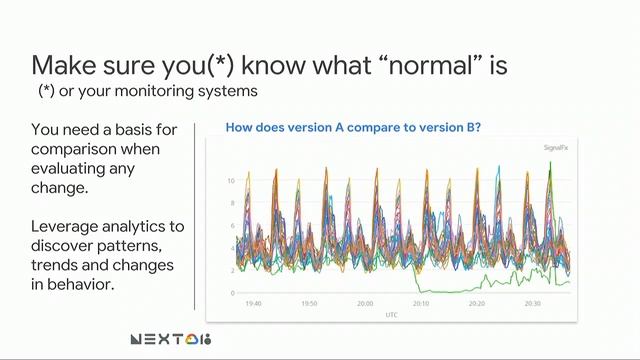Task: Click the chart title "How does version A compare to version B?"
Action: click(354, 127)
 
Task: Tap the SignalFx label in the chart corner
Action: click(553, 147)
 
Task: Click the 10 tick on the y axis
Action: click(230, 181)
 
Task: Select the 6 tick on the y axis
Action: click(232, 226)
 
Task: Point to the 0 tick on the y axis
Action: click(232, 293)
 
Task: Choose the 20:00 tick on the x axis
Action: click(365, 303)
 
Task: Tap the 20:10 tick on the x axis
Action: click(420, 303)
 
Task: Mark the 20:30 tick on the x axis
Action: click(531, 303)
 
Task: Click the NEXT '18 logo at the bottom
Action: click(171, 339)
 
